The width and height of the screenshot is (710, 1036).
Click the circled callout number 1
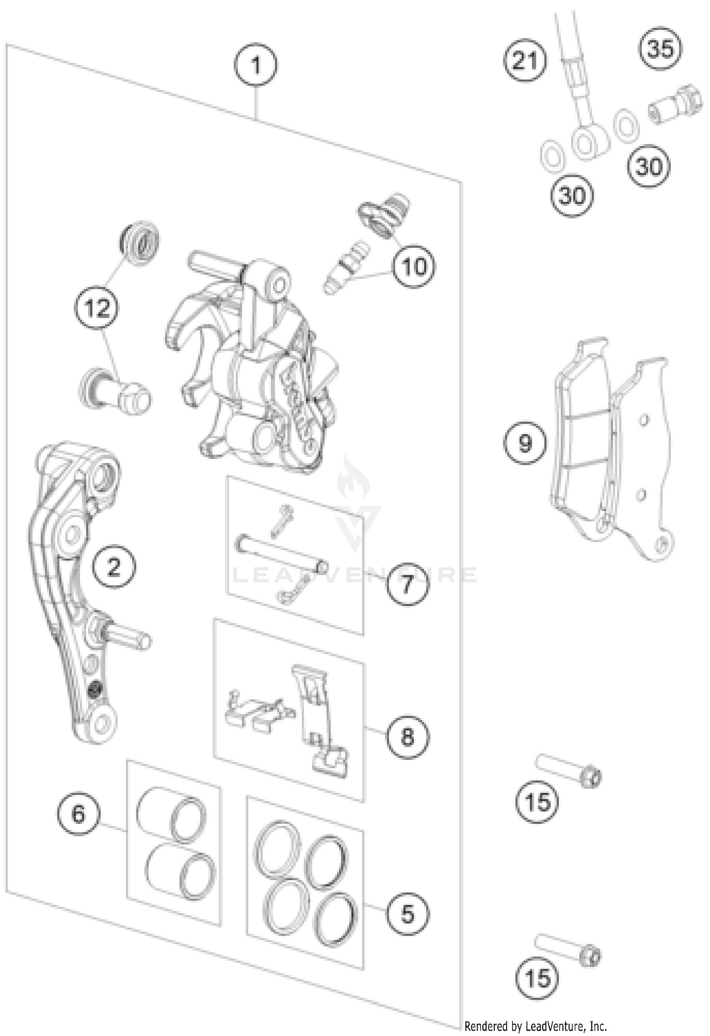(x=256, y=65)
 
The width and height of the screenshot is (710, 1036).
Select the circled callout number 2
(x=114, y=566)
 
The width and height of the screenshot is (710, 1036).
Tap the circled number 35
(x=660, y=49)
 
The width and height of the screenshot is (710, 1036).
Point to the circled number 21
(x=524, y=61)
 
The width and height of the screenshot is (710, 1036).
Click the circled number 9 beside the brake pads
(x=525, y=443)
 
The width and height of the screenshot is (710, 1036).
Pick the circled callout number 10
(x=414, y=267)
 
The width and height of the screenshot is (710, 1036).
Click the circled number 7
(x=407, y=584)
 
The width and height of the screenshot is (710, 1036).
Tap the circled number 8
(x=407, y=736)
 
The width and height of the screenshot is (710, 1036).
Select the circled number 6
(x=78, y=813)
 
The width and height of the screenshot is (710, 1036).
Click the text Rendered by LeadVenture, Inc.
(x=535, y=1026)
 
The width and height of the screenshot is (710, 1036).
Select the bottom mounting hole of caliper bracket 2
(x=101, y=723)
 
